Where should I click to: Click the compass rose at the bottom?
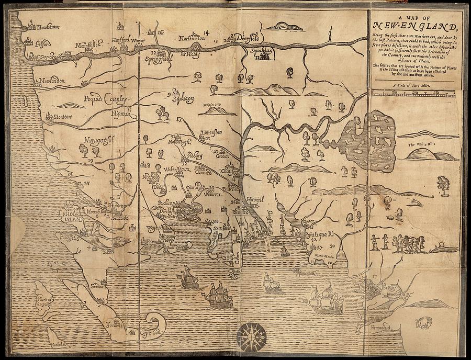click(251, 335)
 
